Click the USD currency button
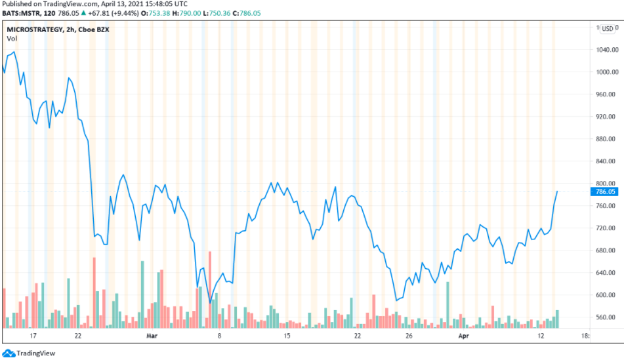coord(608,29)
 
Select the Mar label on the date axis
coord(152,336)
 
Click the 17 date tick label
coord(32,336)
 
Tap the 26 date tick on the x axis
coord(408,336)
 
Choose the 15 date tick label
coord(287,336)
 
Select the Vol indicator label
coord(12,39)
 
